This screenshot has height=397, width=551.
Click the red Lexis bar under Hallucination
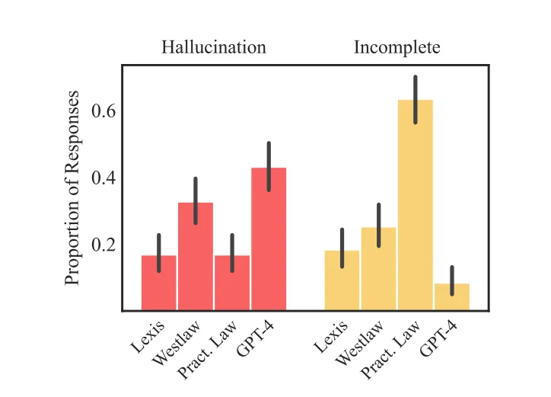pyautogui.click(x=159, y=283)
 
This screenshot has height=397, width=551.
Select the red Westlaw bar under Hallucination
pyautogui.click(x=196, y=257)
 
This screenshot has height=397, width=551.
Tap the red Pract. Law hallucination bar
pyautogui.click(x=232, y=283)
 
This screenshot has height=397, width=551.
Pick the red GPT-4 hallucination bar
pyautogui.click(x=269, y=239)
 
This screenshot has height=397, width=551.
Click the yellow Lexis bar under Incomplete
pyautogui.click(x=342, y=280)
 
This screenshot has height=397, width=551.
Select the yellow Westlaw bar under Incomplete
pyautogui.click(x=378, y=269)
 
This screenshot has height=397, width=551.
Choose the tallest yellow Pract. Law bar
pyautogui.click(x=415, y=206)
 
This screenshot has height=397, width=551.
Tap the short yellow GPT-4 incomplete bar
pyautogui.click(x=451, y=297)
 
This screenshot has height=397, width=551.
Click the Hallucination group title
pyautogui.click(x=214, y=47)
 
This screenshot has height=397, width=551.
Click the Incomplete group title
pyautogui.click(x=397, y=47)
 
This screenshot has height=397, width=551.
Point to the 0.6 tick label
pyautogui.click(x=104, y=111)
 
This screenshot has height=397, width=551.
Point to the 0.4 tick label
pyautogui.click(x=104, y=178)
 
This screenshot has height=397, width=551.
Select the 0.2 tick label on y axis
pyautogui.click(x=104, y=245)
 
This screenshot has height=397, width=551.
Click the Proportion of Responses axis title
pyautogui.click(x=72, y=188)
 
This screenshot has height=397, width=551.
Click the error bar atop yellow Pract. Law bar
pyautogui.click(x=415, y=99)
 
